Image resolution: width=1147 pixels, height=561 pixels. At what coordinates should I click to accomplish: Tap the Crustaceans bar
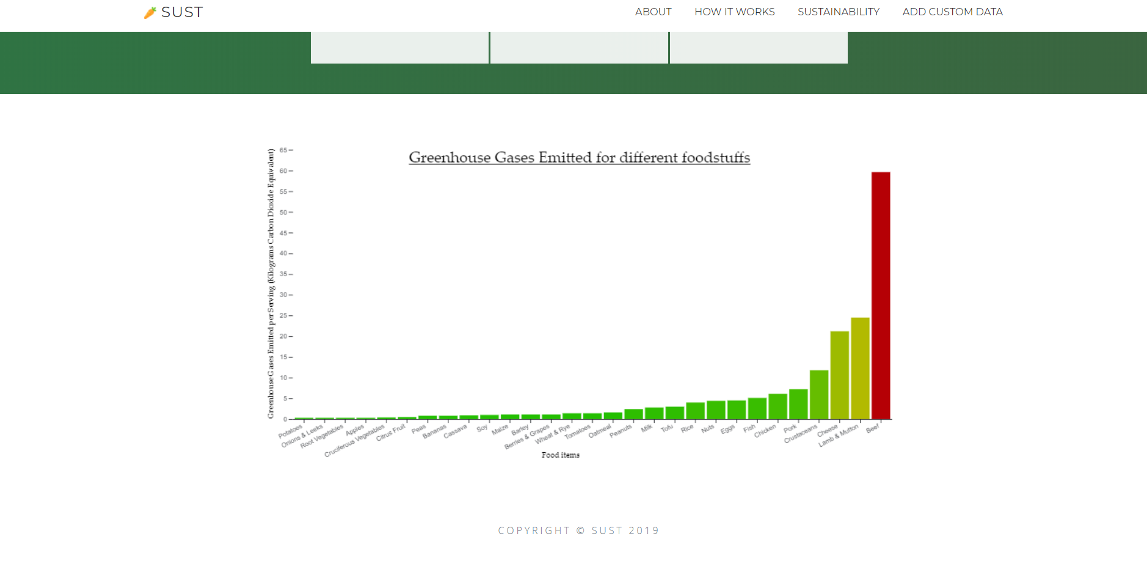click(819, 395)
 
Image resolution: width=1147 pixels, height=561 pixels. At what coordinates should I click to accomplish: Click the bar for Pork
click(798, 404)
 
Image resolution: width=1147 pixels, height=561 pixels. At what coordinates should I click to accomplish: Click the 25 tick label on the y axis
click(283, 316)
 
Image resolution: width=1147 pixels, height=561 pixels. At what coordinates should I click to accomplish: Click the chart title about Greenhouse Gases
click(579, 158)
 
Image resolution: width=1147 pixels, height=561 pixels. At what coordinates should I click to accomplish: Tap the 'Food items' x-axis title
click(560, 455)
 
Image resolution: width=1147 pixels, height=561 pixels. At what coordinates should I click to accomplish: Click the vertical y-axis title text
click(271, 284)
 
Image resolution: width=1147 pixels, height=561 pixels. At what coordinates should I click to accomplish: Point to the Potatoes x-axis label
click(291, 431)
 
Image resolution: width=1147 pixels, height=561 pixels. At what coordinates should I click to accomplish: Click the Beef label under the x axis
click(872, 428)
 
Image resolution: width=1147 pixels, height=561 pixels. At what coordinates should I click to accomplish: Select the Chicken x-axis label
click(765, 431)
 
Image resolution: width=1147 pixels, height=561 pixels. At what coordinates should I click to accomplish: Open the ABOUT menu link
click(653, 12)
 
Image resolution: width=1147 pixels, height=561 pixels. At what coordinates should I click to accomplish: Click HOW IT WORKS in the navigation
click(734, 12)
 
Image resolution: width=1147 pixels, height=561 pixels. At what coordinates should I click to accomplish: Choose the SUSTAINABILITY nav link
click(838, 12)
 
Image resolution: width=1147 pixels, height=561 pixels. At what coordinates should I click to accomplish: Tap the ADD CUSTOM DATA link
click(952, 12)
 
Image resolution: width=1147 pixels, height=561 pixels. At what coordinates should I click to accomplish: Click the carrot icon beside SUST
click(150, 13)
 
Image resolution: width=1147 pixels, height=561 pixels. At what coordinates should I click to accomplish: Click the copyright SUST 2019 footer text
click(578, 530)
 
